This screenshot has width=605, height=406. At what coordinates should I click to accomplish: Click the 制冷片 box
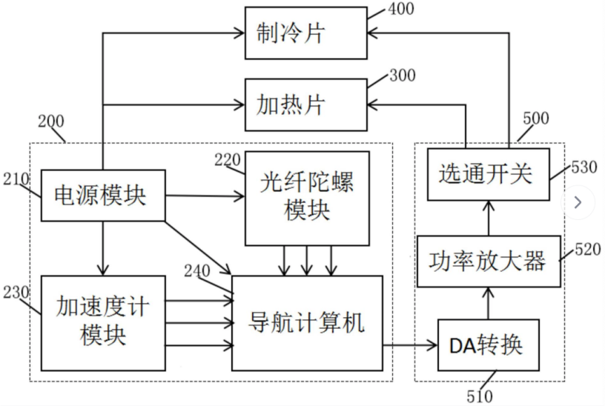[x=305, y=33]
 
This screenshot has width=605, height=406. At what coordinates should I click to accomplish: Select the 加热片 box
[x=305, y=104]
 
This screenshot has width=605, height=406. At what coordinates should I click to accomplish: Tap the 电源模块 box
[x=102, y=196]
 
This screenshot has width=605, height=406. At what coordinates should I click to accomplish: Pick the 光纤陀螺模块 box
[x=307, y=198]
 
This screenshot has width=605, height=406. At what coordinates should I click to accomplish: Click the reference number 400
[x=400, y=10]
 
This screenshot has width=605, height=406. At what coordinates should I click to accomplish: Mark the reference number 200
[x=50, y=121]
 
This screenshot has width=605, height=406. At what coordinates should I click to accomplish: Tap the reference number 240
[x=196, y=270]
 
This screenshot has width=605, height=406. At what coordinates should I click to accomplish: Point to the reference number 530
[x=583, y=168]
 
